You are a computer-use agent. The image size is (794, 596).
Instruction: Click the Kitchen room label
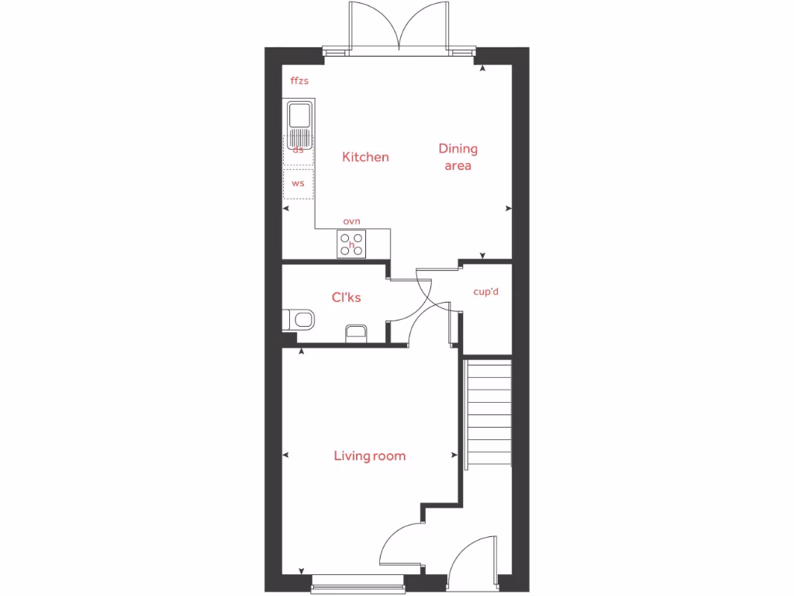(x=365, y=157)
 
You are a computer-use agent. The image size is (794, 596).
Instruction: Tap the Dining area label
(x=457, y=156)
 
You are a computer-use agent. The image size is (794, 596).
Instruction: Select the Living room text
(x=369, y=456)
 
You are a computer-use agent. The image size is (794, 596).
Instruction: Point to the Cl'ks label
(x=347, y=297)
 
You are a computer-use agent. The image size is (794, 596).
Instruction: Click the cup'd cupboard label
(x=486, y=292)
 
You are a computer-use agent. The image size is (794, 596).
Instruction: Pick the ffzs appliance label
(x=299, y=81)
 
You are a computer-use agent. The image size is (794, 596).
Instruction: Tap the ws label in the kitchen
(x=298, y=184)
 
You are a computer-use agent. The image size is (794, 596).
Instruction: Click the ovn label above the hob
(x=351, y=221)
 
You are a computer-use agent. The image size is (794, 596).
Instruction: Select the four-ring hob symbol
(x=351, y=244)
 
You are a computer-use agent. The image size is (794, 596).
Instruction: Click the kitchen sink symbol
(x=299, y=124)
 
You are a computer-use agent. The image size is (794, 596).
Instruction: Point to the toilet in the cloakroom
(x=299, y=319)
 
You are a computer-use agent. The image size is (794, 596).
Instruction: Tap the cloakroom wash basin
(x=355, y=333)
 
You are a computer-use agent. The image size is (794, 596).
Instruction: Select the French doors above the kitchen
(x=399, y=29)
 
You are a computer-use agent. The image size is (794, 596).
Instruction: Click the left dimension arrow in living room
(x=285, y=456)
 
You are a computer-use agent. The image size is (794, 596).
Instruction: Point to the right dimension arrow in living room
(x=454, y=456)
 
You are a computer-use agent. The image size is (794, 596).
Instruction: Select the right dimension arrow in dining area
(x=508, y=208)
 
